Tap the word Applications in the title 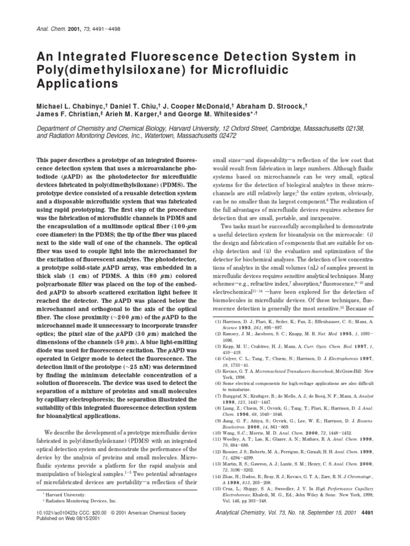76,84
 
